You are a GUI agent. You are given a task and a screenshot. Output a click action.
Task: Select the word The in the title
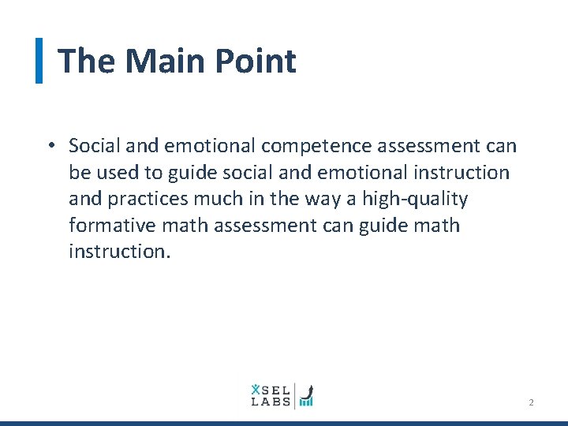pyautogui.click(x=87, y=61)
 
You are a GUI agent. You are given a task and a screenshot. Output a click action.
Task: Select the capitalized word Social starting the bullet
pyautogui.click(x=92, y=146)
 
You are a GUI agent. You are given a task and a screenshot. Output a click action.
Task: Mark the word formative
pyautogui.click(x=112, y=226)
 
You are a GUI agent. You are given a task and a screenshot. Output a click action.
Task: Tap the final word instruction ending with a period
pyautogui.click(x=119, y=252)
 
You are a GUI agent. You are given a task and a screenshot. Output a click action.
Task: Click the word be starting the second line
pyautogui.click(x=80, y=172)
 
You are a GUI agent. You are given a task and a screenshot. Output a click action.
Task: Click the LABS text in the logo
pyautogui.click(x=271, y=402)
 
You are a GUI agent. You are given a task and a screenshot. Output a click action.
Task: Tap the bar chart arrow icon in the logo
pyautogui.click(x=306, y=395)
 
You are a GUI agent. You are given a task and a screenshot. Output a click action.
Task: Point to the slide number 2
pyautogui.click(x=531, y=402)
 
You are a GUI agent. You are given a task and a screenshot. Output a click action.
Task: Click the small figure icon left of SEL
pyautogui.click(x=255, y=388)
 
